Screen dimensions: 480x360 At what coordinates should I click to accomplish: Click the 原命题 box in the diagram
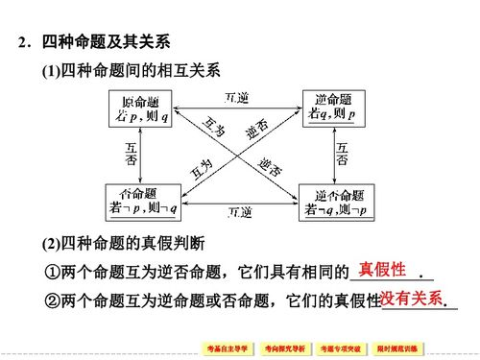tap(142, 108)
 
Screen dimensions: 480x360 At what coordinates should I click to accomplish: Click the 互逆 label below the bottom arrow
tap(239, 213)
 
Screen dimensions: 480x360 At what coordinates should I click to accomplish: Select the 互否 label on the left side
tap(130, 154)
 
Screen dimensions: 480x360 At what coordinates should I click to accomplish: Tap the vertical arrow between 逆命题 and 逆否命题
tap(332, 154)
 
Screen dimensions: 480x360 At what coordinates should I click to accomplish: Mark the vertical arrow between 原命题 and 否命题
tap(141, 154)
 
